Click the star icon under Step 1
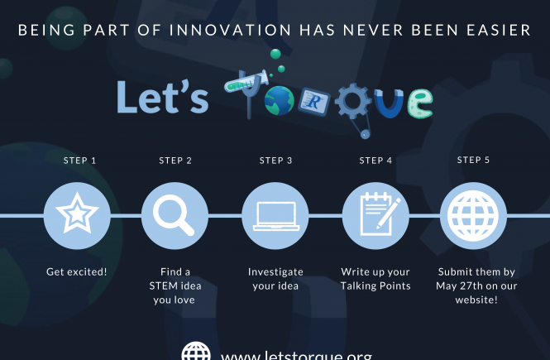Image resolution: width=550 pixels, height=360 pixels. pyautogui.click(x=77, y=213)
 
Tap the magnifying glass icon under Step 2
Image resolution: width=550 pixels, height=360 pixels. pyautogui.click(x=174, y=215)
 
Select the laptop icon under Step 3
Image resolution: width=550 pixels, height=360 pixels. pyautogui.click(x=276, y=216)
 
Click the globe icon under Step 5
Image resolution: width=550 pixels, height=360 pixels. pyautogui.click(x=473, y=216)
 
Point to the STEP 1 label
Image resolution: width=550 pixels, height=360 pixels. pyautogui.click(x=79, y=161)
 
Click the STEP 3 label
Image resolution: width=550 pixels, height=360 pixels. pyautogui.click(x=275, y=161)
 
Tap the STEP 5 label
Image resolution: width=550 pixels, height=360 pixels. pyautogui.click(x=473, y=160)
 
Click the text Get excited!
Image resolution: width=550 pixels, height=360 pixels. pyautogui.click(x=77, y=272)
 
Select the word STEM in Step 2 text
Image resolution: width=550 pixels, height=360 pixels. pyautogui.click(x=163, y=286)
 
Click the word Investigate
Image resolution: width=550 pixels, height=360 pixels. pyautogui.click(x=275, y=272)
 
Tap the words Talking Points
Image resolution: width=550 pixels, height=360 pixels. pyautogui.click(x=375, y=286)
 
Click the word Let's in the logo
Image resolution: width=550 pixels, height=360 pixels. pyautogui.click(x=163, y=97)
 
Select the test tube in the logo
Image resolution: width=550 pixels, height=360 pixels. pyautogui.click(x=246, y=80)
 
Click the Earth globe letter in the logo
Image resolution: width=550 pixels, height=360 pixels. pyautogui.click(x=280, y=101)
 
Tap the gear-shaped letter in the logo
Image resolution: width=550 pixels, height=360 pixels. pyautogui.click(x=353, y=102)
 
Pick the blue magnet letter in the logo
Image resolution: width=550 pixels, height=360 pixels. pyautogui.click(x=389, y=103)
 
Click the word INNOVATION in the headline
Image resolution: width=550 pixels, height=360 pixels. pyautogui.click(x=231, y=30)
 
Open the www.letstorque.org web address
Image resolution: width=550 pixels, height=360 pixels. pyautogui.click(x=296, y=355)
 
